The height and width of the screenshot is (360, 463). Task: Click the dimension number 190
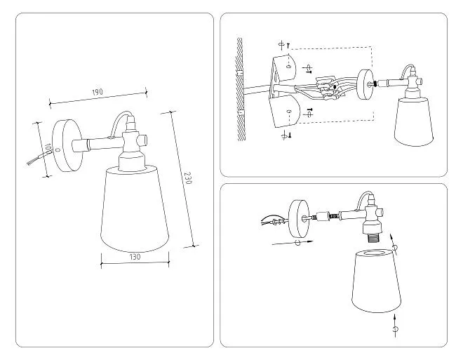(98, 92)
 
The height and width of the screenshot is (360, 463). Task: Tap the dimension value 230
(187, 178)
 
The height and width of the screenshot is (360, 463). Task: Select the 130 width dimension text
(135, 257)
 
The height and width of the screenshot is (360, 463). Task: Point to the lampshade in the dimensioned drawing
(135, 209)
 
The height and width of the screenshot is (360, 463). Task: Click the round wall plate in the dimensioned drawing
(67, 146)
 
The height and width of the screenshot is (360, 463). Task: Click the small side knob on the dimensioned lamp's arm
(144, 139)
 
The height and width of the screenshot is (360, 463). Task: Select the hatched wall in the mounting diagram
(239, 90)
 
